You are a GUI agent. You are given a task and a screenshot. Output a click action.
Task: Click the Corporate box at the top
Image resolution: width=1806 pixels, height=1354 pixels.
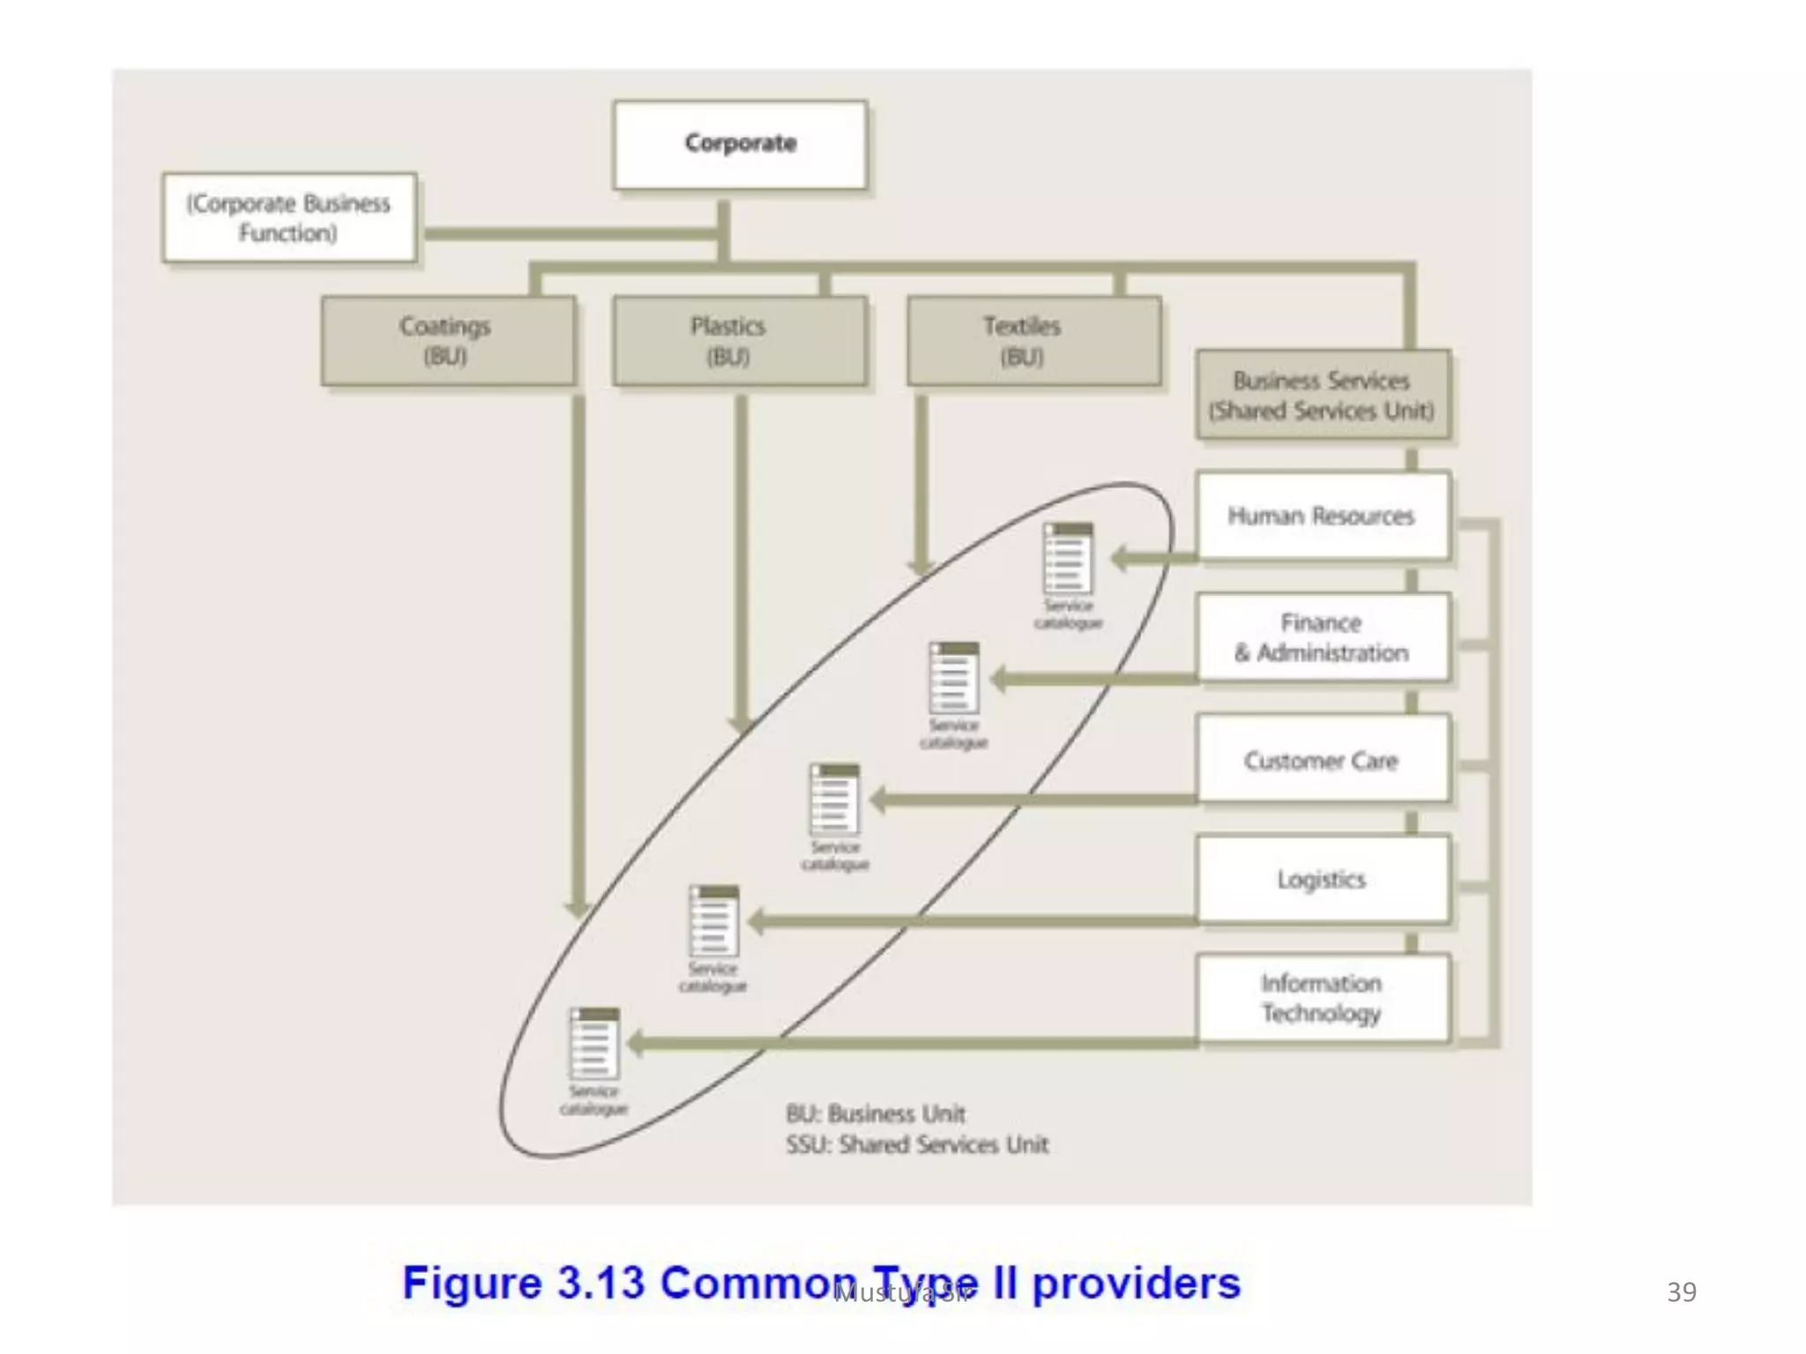click(740, 145)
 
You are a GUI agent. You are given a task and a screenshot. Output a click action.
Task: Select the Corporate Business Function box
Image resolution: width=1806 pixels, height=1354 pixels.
click(289, 218)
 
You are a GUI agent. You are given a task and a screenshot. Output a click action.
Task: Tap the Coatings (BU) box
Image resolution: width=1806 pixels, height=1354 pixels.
click(448, 341)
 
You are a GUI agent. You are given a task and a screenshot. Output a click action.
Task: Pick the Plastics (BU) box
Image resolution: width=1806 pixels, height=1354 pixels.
click(739, 341)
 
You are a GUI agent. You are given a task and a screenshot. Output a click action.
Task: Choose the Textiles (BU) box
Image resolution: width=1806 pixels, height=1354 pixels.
click(1033, 341)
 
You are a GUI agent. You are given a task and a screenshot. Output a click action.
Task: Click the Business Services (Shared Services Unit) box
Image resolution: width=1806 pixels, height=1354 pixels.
click(1322, 395)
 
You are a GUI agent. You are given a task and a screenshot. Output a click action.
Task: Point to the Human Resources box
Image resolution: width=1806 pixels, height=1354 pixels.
click(1322, 516)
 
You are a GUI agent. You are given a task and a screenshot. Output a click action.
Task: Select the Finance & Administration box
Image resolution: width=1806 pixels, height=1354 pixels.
click(1322, 637)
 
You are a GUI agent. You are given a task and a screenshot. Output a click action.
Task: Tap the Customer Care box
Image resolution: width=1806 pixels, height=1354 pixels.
click(1322, 759)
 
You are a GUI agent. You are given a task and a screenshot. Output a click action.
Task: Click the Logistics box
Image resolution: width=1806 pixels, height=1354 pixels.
click(1322, 879)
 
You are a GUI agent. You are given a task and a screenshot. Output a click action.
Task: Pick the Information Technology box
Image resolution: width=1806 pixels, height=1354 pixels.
click(1322, 998)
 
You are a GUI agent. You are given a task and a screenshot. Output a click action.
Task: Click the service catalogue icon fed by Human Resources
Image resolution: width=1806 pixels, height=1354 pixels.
click(1068, 560)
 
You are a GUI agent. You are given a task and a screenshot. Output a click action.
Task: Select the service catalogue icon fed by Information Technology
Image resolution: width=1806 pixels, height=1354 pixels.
click(594, 1044)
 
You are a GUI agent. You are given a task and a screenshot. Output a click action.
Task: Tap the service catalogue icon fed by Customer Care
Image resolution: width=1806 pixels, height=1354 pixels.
click(834, 800)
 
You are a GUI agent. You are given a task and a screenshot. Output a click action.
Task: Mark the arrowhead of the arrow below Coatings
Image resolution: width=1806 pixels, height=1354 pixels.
click(578, 908)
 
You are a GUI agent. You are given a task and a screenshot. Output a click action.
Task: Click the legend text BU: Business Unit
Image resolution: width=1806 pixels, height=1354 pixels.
click(875, 1113)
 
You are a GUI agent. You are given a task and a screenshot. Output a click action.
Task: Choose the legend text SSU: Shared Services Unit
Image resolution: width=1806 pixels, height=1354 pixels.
click(917, 1144)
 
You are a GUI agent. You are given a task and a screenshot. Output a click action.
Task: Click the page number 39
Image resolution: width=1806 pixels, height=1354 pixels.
click(1681, 1291)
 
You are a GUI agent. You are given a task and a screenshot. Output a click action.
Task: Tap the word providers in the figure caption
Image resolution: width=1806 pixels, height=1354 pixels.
click(1136, 1283)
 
